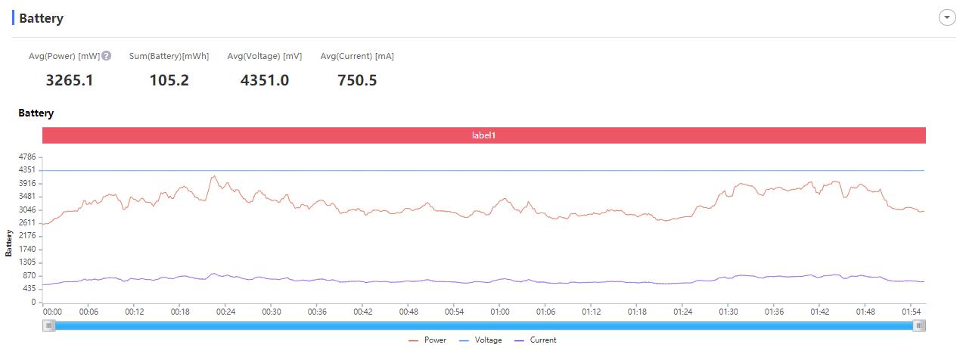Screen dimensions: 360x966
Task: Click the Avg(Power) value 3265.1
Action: tap(70, 80)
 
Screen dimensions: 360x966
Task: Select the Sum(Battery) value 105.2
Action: tap(169, 80)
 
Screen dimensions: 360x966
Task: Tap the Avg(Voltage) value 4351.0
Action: tap(264, 80)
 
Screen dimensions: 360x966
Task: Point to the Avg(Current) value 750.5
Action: tap(357, 80)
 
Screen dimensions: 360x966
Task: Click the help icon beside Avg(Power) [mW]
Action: tap(107, 56)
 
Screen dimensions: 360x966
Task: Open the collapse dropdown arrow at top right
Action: tap(947, 18)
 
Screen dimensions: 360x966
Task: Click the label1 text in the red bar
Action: tap(484, 135)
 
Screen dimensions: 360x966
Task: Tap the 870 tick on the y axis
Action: tap(29, 275)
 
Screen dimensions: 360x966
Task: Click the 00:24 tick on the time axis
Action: tap(226, 312)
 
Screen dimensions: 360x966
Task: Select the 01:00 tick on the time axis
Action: tap(500, 312)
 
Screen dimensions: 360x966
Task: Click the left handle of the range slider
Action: tap(49, 325)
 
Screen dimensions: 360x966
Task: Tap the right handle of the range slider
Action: tap(919, 325)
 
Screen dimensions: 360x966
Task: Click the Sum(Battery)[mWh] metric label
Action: tap(169, 57)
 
